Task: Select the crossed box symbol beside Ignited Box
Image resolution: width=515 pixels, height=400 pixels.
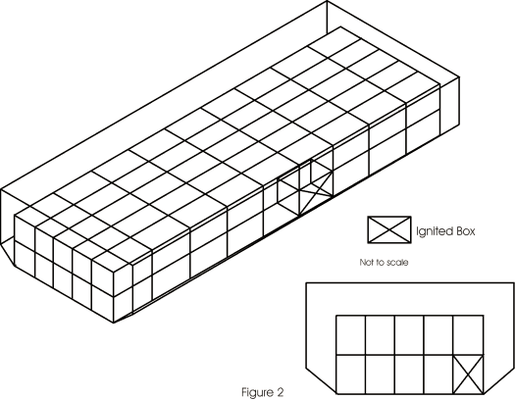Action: (x=389, y=229)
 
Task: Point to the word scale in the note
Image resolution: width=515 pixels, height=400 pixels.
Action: (x=397, y=263)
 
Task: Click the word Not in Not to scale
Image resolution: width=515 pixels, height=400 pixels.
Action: (x=366, y=263)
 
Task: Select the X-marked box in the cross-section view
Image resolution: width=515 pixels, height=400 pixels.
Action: (x=468, y=375)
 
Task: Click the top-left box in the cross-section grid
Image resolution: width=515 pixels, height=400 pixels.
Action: (x=351, y=335)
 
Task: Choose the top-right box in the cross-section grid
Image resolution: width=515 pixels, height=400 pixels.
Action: (x=468, y=335)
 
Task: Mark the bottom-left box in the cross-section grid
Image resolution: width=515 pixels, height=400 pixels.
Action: (x=351, y=375)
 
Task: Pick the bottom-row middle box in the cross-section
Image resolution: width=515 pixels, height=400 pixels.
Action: (x=409, y=375)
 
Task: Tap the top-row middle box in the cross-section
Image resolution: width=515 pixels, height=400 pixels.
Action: (x=409, y=335)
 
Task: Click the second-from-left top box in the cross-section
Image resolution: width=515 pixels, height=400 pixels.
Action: (x=380, y=335)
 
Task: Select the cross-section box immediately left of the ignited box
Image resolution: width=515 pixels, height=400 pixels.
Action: (x=438, y=375)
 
